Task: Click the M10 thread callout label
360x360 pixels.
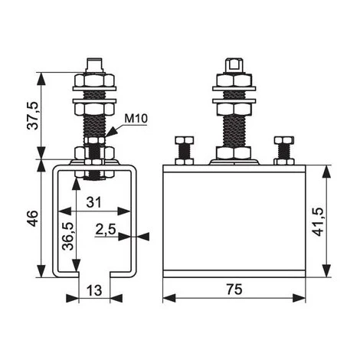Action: [x=136, y=119]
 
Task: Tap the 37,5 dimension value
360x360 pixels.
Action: [x=33, y=116]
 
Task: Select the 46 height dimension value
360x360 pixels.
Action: [x=33, y=218]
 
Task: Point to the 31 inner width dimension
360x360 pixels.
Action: [x=93, y=202]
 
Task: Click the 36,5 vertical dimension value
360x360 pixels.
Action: [x=68, y=236]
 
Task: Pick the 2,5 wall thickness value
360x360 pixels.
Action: [x=106, y=230]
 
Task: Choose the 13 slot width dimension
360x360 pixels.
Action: [x=94, y=290]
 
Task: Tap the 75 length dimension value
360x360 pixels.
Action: [x=234, y=290]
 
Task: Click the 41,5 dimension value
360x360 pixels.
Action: [x=318, y=221]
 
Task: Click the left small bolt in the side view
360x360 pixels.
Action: [x=184, y=151]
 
